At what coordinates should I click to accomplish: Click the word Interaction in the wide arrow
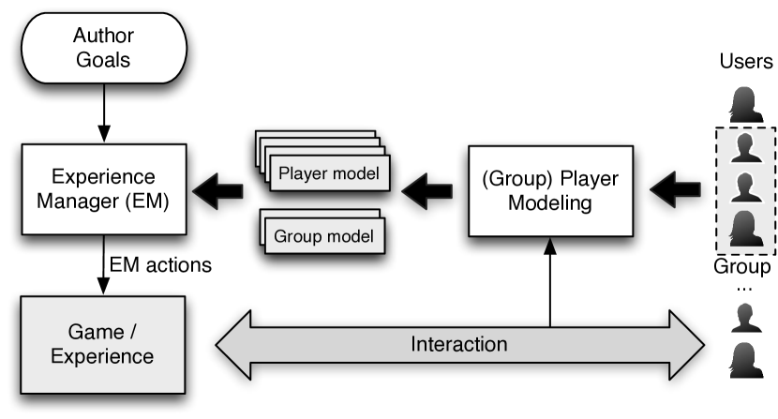click(x=459, y=344)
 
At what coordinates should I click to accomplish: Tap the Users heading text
click(x=745, y=63)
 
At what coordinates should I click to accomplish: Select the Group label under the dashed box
click(x=745, y=266)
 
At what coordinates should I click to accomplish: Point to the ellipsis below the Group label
click(x=745, y=289)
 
